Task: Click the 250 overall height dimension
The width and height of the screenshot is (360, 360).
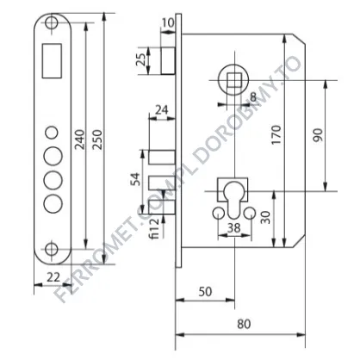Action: (98, 140)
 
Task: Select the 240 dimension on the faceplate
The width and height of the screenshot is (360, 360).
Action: (79, 140)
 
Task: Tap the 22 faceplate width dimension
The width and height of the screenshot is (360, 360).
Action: (53, 277)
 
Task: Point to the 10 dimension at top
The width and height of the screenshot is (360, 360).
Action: (168, 22)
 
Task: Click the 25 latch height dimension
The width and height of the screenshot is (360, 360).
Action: (140, 59)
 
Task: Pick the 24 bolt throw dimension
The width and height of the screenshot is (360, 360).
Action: (162, 109)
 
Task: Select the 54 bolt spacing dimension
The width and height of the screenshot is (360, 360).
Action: (135, 179)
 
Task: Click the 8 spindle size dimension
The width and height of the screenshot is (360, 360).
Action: (253, 97)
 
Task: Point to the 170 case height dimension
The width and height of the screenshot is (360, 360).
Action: (276, 134)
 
